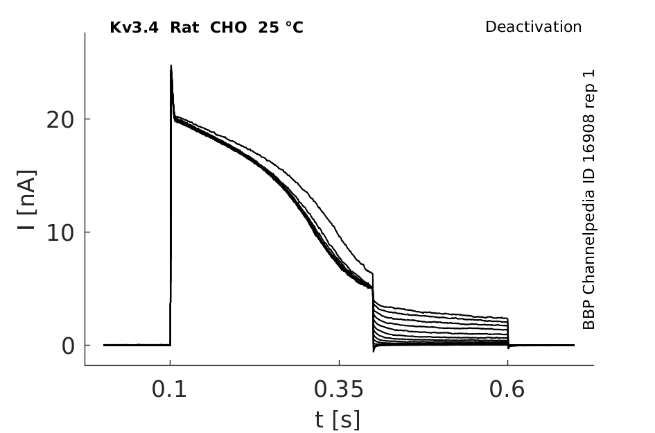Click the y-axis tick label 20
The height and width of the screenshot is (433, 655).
[60, 121]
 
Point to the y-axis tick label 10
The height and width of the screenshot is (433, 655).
[60, 233]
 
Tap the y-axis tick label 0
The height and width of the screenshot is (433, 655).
[68, 346]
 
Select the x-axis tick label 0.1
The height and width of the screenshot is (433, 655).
[168, 389]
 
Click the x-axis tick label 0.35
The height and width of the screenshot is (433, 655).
[339, 389]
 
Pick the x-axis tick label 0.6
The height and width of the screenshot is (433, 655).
[506, 389]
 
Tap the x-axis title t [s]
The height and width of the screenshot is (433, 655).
[337, 420]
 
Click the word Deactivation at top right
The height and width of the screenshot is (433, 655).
[533, 27]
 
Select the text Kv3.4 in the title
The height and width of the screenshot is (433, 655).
[134, 28]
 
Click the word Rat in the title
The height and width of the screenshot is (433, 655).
[184, 28]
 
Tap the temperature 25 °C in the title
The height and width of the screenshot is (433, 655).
[280, 28]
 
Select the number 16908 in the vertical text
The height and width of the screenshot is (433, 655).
[588, 135]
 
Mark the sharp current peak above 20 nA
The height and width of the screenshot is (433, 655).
[171, 66]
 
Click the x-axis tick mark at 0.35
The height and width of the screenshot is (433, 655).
[339, 362]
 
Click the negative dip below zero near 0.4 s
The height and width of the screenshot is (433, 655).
[374, 350]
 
